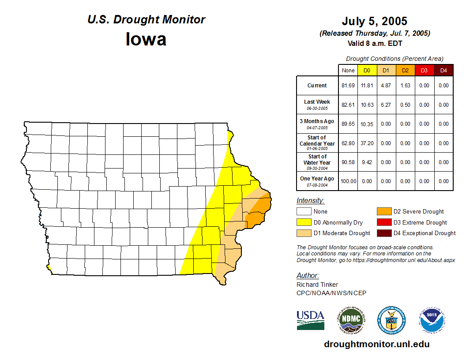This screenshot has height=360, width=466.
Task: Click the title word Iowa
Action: click(146, 39)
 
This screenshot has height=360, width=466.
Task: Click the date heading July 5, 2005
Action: click(374, 21)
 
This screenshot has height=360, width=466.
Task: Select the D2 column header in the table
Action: click(405, 70)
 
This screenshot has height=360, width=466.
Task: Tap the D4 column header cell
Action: click(443, 70)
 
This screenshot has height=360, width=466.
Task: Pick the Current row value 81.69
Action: click(348, 86)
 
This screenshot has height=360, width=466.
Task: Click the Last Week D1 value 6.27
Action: click(386, 105)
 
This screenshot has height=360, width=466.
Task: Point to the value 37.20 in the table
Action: click(367, 143)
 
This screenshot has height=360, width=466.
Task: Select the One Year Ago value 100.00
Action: click(348, 181)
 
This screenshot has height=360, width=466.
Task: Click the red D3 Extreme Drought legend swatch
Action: click(383, 222)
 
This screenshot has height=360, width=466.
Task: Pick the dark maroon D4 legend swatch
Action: click(383, 233)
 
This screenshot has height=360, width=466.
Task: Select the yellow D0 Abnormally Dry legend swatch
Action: click(304, 222)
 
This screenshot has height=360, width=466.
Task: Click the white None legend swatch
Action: click(304, 212)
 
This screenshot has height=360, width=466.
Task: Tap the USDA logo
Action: click(310, 320)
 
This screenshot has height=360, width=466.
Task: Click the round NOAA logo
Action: click(432, 320)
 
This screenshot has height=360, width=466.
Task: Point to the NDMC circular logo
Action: click(351, 320)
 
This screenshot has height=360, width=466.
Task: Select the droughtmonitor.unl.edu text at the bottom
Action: click(376, 344)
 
